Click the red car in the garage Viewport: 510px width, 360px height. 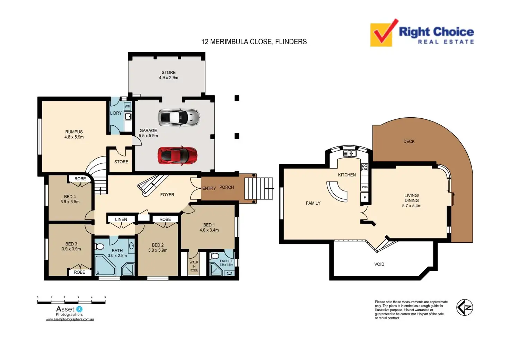coord(177,155)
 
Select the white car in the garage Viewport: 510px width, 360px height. coord(179,117)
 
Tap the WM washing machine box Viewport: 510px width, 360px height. coord(127,106)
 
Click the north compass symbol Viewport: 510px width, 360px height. coord(464,307)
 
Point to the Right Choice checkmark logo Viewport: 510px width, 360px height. coord(383,34)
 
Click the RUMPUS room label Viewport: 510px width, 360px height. coord(74,132)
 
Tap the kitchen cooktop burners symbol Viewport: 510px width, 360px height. coord(364,167)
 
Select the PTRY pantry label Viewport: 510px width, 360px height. coord(365,187)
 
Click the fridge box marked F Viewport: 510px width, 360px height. coord(364,198)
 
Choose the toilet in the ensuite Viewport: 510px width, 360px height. coord(214,256)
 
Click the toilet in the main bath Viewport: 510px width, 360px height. coord(100,246)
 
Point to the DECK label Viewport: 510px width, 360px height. coord(409,141)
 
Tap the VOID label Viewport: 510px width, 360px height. coord(379,264)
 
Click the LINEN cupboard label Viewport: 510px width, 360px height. coord(121,219)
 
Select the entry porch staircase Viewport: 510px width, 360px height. coord(258,188)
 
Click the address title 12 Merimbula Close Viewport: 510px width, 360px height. coord(254,42)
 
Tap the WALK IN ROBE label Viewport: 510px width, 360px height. coord(194,266)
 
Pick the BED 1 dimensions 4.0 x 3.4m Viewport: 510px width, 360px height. coord(209,230)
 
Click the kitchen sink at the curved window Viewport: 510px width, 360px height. coord(350,153)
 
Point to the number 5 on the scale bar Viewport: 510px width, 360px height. coord(105,297)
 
